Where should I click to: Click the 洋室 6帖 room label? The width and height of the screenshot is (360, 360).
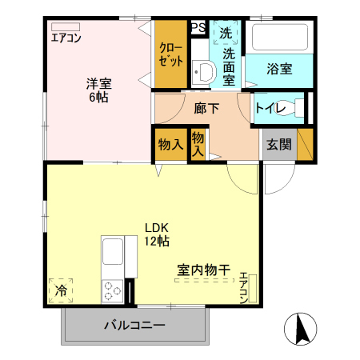99,90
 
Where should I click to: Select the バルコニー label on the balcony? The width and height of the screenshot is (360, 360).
134,326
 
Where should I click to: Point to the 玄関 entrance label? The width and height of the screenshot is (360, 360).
279,145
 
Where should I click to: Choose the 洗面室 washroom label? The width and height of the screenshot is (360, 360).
228,66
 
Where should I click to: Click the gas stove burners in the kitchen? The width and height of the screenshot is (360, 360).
111,290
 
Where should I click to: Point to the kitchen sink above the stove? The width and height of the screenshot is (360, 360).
112,255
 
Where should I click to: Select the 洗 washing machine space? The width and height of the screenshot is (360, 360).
226,34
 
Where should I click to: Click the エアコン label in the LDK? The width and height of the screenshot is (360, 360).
243,288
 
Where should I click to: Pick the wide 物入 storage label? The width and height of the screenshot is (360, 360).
170,145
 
